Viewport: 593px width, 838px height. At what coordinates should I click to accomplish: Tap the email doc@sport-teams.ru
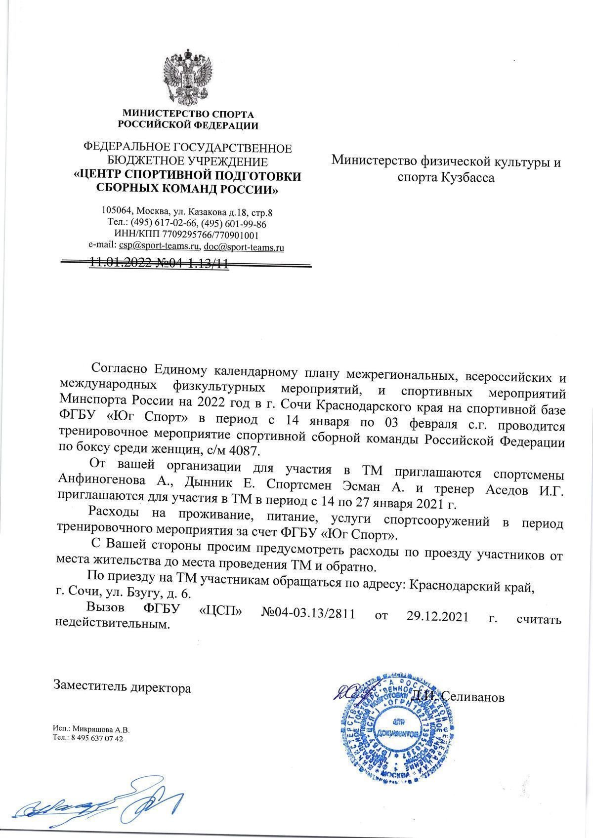[244, 246]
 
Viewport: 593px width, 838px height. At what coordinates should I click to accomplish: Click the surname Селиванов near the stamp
[472, 697]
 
